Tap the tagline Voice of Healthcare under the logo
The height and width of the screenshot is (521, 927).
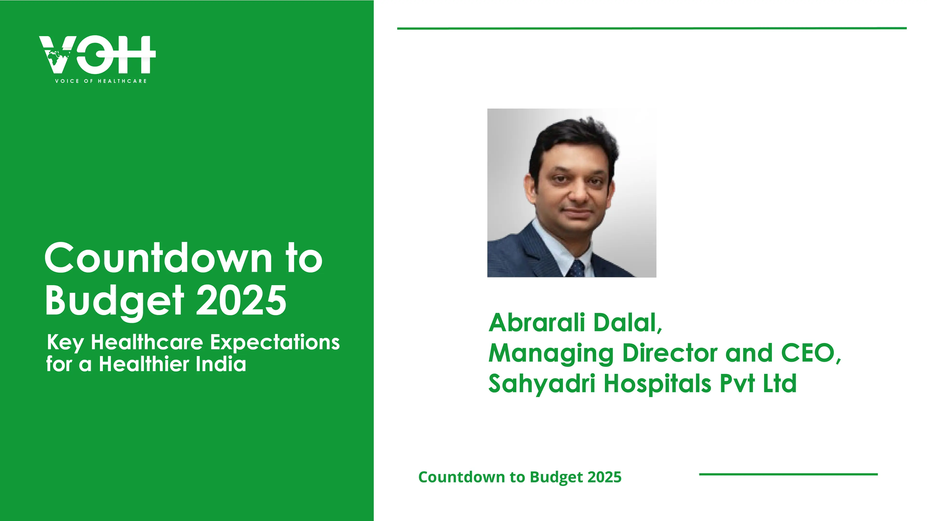click(x=101, y=81)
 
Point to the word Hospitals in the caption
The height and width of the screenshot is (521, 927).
click(x=657, y=384)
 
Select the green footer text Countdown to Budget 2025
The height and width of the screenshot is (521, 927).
click(x=520, y=477)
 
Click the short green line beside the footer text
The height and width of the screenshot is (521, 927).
click(x=788, y=474)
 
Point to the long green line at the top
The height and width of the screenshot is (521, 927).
click(x=652, y=28)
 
